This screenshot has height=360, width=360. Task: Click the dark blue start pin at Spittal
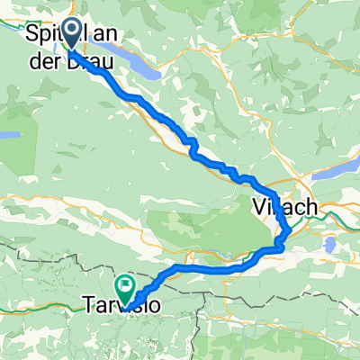tap(70, 34)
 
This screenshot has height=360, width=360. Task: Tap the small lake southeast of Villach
tap(330, 244)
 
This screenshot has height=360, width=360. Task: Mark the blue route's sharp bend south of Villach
tap(285, 236)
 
